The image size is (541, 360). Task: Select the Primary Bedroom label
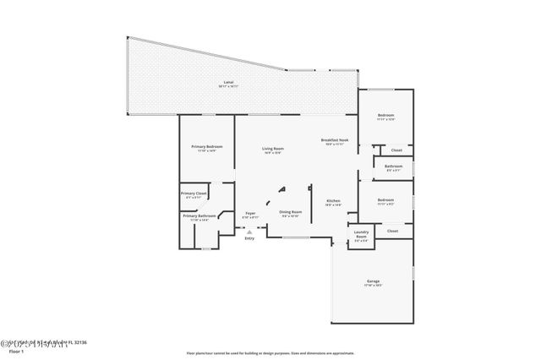coord(207,147)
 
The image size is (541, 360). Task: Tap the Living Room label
coord(272,149)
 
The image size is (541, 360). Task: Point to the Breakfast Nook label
coord(334,140)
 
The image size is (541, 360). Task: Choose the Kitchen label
coord(333,200)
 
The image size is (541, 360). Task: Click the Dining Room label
coord(291,212)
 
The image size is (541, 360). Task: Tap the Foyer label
coord(250,213)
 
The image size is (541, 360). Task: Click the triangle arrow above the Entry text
coord(249,230)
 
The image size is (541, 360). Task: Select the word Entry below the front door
coord(249,238)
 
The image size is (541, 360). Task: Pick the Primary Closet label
coord(194,194)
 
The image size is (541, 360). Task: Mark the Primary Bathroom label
coord(199,216)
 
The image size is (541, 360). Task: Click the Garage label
coord(373,281)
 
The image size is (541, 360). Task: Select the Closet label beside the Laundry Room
coord(392,231)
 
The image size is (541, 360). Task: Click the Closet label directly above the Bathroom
coord(396,150)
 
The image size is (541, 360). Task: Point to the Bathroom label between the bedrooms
coord(393,166)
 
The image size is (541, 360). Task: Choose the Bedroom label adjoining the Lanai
coord(385,115)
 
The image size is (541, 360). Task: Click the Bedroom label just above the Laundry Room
coord(385,199)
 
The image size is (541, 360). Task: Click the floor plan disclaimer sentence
coord(270,352)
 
